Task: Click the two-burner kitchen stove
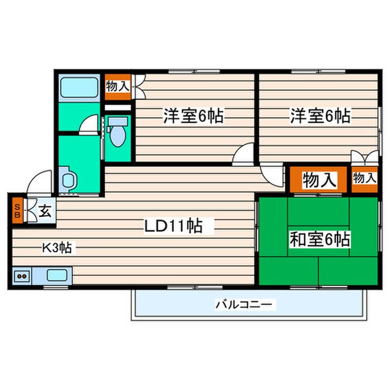[x=22, y=275]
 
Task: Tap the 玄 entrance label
[x=46, y=212]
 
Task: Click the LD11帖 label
[x=173, y=226]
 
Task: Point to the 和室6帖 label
[x=319, y=240]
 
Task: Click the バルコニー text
[x=243, y=304]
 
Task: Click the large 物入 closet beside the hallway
[x=319, y=180]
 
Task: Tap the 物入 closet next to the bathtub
[x=118, y=85]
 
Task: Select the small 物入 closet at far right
[x=364, y=178]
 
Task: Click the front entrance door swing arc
[x=41, y=181]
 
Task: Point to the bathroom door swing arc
[x=89, y=125]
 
